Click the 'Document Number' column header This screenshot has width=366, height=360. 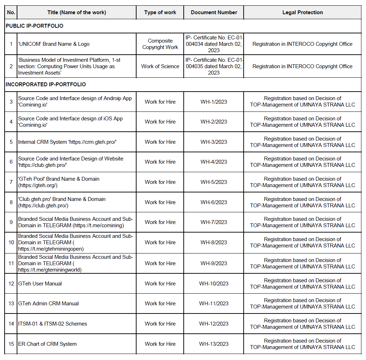click(214, 12)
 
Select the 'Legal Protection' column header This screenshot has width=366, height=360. click(303, 12)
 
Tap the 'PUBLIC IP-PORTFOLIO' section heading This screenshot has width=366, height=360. click(34, 26)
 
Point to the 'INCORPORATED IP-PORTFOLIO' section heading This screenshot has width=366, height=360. click(46, 84)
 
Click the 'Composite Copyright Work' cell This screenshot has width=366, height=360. click(160, 44)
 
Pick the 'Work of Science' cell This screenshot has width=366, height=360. click(160, 66)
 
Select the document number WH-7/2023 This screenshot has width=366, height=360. click(214, 222)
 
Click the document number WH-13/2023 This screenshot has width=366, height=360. click(214, 344)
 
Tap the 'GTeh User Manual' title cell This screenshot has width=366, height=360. click(40, 284)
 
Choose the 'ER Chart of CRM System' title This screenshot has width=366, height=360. click(48, 344)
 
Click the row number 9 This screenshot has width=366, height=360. click(11, 222)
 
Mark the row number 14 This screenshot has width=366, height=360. click(11, 324)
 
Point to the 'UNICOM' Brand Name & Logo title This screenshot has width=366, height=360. click(54, 44)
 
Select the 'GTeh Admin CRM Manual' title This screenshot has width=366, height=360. click(49, 304)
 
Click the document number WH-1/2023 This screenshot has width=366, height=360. click(214, 102)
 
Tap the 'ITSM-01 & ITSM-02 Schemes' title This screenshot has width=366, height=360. click(52, 324)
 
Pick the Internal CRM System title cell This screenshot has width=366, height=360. click(67, 142)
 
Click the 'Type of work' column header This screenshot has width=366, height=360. click(160, 12)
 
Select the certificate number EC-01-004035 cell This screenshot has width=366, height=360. click(214, 66)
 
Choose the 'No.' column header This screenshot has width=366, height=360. click(11, 12)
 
